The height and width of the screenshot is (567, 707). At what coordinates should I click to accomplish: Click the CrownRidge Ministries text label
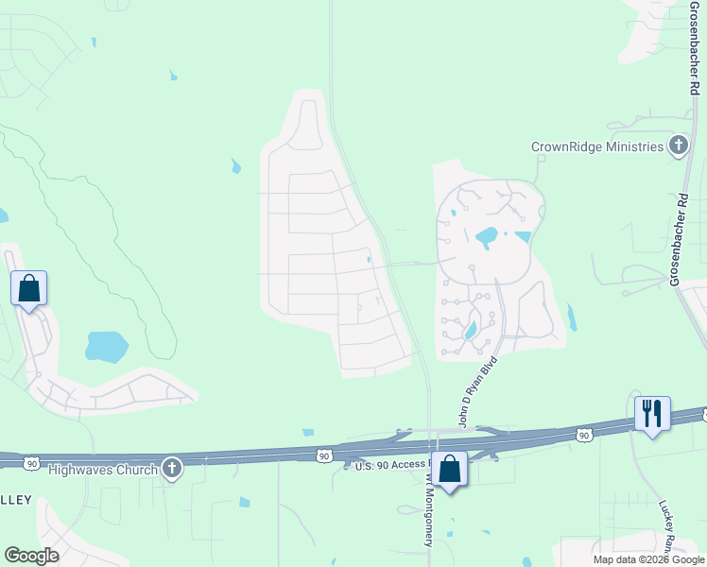pos(597,146)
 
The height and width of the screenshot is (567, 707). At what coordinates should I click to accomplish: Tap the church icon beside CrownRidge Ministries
pos(678,146)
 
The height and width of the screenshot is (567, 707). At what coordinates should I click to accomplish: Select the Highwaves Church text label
pos(101,468)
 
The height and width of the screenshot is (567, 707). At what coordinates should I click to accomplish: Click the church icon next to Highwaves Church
pos(171,468)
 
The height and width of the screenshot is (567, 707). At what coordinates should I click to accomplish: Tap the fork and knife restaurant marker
pos(652,413)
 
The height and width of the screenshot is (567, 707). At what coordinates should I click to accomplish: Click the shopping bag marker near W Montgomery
pos(450,468)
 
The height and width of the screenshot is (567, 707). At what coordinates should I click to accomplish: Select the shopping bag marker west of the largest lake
pos(28,287)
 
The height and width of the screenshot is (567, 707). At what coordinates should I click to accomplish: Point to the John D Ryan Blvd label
pos(477,391)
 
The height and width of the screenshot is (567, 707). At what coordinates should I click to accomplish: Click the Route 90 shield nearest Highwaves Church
pos(32,463)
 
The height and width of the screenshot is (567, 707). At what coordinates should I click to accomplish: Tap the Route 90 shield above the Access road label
pos(325,455)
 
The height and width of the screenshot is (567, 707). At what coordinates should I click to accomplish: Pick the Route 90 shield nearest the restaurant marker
pos(584,435)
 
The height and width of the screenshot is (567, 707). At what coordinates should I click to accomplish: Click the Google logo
pos(31,556)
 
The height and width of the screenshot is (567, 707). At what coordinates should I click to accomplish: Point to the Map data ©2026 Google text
pos(648,559)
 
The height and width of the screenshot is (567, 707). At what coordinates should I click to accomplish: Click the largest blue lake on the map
pos(106,347)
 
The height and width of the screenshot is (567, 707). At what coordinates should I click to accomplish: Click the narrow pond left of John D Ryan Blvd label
pos(470,330)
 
